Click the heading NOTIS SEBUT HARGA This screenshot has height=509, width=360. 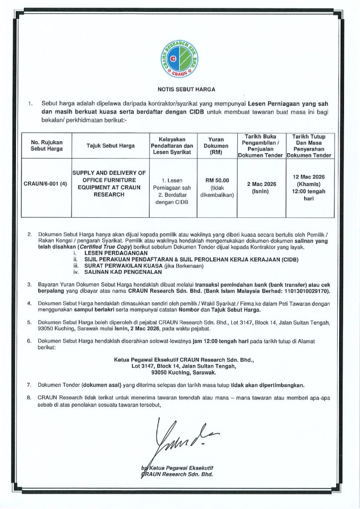[x=180, y=90]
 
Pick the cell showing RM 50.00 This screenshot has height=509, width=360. [x=216, y=180]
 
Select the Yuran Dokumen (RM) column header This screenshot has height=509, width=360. [x=216, y=146]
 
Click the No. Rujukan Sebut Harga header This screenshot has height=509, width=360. [x=46, y=146]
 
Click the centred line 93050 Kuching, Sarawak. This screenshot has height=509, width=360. [x=180, y=372]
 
